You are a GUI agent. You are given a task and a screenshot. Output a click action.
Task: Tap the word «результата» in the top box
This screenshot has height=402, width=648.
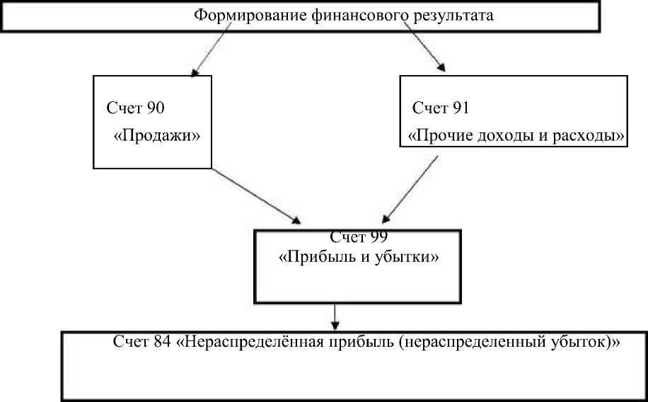click(450, 15)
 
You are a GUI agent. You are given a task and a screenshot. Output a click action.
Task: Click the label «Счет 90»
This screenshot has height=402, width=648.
click(136, 108)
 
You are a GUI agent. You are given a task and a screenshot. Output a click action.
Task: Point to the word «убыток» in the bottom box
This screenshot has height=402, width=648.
click(579, 342)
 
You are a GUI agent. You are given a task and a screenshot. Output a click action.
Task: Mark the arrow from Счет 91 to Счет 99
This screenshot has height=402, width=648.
click(411, 188)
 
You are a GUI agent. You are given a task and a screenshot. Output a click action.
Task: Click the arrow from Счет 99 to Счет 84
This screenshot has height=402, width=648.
click(335, 316)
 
